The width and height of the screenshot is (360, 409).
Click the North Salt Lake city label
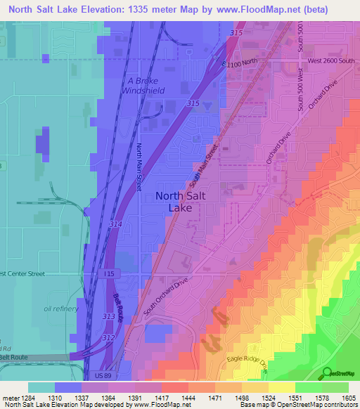180,202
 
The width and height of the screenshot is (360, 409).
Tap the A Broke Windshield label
145,85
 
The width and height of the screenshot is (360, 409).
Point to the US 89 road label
103,376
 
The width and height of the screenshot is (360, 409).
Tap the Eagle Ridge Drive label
247,361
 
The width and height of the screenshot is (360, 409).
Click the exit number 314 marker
116,223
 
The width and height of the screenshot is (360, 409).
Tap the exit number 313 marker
108,316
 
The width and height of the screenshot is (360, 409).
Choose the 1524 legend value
267,398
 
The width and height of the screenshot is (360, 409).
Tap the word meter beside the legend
10,398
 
